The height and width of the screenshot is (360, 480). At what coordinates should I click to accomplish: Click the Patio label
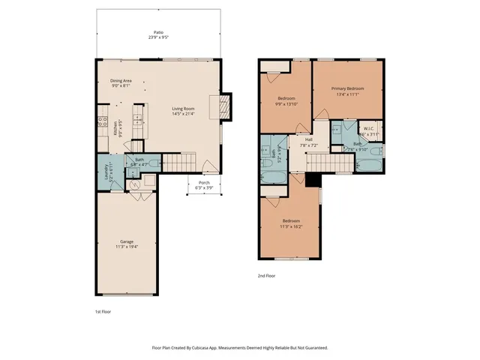pyautogui.click(x=158, y=33)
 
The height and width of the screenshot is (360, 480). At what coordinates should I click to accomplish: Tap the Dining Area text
pyautogui.click(x=121, y=80)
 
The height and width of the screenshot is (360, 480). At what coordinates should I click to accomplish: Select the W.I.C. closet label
pyautogui.click(x=369, y=129)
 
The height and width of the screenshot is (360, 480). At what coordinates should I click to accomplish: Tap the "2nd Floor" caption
pyautogui.click(x=266, y=276)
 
